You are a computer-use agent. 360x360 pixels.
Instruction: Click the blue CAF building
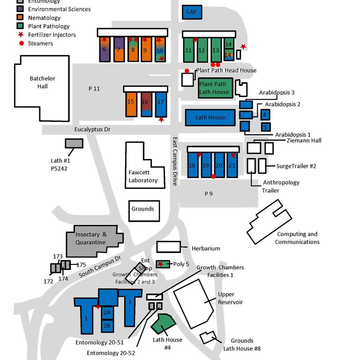point(192,12)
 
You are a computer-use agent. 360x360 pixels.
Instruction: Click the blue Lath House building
point(210,117)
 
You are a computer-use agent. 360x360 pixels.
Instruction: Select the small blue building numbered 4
point(266,114)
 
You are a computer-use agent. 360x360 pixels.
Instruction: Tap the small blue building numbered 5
point(266,127)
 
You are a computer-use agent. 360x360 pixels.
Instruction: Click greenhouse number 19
point(206,165)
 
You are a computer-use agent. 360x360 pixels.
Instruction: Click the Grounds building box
point(142,209)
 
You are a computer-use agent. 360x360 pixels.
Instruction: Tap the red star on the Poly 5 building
point(161,264)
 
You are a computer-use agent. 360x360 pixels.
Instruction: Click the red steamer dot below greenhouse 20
point(213,176)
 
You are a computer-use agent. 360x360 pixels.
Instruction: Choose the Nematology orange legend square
point(20,18)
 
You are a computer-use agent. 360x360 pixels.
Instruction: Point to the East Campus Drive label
point(174,162)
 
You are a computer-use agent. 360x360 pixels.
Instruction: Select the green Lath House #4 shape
point(162,324)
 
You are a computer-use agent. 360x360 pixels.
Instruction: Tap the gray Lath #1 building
point(74,143)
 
